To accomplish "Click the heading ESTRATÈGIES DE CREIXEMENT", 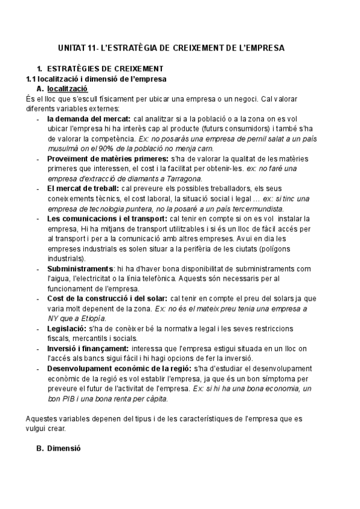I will tap(106, 68).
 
